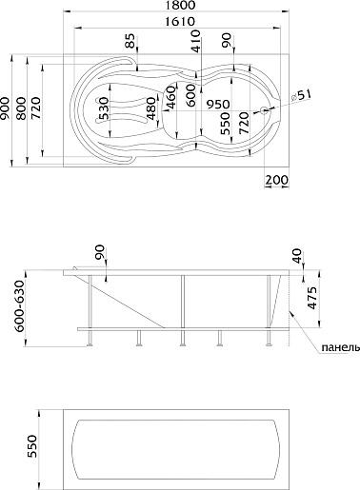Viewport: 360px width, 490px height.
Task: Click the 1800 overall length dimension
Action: pos(180,5)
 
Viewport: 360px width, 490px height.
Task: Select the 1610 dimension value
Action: pos(180,22)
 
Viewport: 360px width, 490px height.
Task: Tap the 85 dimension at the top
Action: pos(130,41)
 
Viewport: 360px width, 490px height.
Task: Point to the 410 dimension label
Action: pos(196,41)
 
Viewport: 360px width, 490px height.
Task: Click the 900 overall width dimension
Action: pos(5,108)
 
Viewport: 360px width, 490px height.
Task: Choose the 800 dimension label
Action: pos(22,108)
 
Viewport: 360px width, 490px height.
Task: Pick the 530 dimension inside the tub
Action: pos(104,108)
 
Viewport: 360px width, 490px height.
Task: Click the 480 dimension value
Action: pos(151,108)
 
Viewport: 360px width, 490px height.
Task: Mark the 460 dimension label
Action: pos(170,98)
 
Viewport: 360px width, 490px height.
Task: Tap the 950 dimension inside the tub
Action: pos(218,104)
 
